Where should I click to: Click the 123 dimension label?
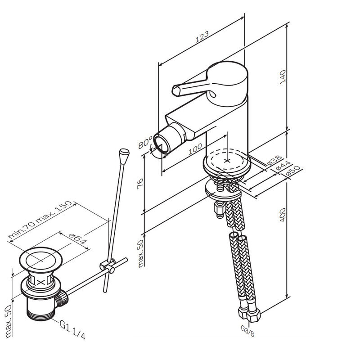202,37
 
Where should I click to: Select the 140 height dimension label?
283,77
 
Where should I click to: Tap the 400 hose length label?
283,215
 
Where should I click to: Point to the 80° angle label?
145,142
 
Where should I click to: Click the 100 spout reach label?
195,149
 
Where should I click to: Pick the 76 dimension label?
140,184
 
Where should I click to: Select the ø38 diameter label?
274,160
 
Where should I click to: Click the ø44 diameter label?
283,165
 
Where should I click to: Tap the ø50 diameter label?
293,171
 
